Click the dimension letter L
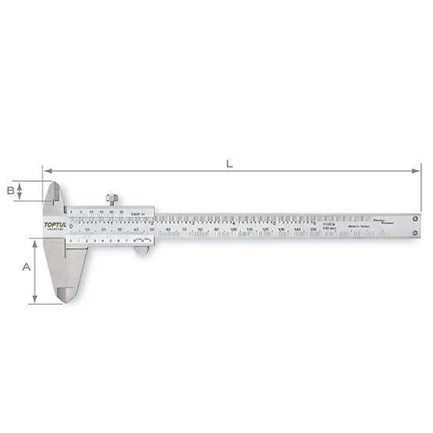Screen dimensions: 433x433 (x=229, y=164)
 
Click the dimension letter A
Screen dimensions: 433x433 (x=26, y=267)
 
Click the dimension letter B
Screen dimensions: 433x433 (x=10, y=190)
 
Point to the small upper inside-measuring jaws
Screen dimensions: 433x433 (x=51, y=193)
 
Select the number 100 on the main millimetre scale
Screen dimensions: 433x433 (x=234, y=229)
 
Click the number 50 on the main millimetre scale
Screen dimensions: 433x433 (x=152, y=229)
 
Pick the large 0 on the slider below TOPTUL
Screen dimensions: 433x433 (x=71, y=227)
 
